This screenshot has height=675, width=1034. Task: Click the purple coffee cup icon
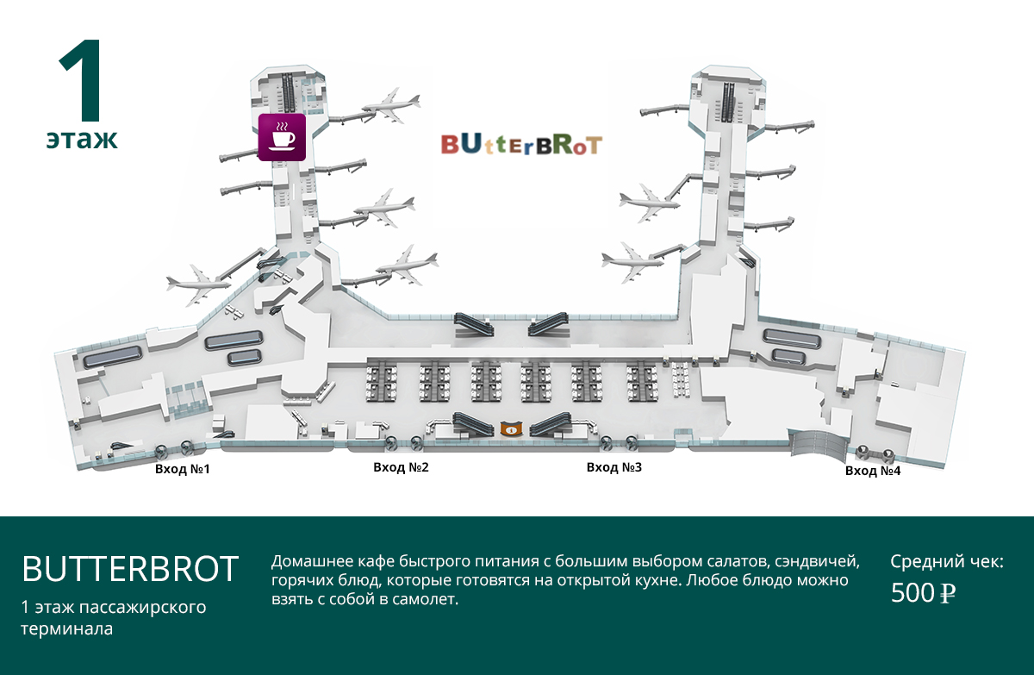point(282,137)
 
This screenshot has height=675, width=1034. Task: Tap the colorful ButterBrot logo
point(521,145)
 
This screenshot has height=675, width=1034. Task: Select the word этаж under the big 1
point(82,139)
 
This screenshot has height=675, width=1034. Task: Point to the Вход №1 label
point(183,469)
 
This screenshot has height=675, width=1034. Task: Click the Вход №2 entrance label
point(402,467)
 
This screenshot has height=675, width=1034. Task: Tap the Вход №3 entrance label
point(614,467)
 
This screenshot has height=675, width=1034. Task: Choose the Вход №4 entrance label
point(873,471)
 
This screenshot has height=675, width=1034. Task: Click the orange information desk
point(512,428)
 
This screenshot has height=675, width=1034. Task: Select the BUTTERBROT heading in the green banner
point(130,569)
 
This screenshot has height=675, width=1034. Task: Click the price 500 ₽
point(923,593)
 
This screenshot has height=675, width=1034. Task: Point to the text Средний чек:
point(947,561)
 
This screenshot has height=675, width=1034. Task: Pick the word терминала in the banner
point(67,628)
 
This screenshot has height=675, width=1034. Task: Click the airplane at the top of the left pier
point(391,106)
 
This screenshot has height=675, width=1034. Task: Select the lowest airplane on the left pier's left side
point(198,284)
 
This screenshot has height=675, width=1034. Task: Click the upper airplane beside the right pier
point(649,203)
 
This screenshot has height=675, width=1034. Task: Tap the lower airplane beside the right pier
point(632,262)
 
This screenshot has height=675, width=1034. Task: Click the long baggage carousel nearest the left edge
point(112,356)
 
